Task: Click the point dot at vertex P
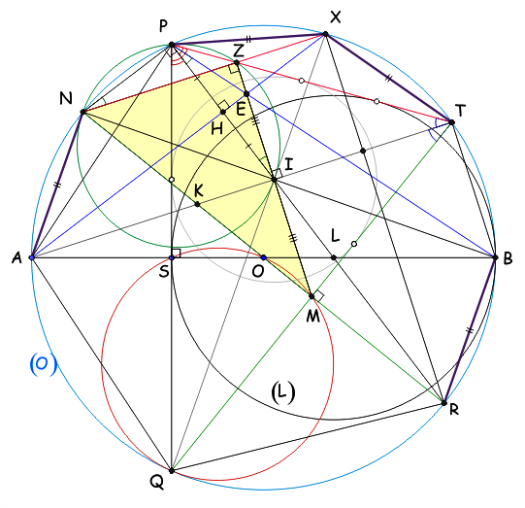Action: (x=172, y=45)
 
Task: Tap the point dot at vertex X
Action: (x=325, y=34)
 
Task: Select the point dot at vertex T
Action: (x=451, y=122)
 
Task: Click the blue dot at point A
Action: (x=32, y=257)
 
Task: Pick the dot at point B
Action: (x=495, y=257)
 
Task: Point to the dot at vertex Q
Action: (x=172, y=470)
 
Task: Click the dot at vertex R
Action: (x=444, y=403)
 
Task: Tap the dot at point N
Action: (x=82, y=112)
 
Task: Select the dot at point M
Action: (x=312, y=296)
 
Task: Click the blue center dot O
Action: (x=264, y=257)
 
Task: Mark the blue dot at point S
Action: (x=172, y=257)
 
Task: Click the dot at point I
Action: (x=275, y=180)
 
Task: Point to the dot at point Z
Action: (x=237, y=63)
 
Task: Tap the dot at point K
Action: (x=197, y=204)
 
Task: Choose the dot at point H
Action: (x=223, y=112)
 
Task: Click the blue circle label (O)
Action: (x=43, y=364)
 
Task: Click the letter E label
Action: (x=241, y=109)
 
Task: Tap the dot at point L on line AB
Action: (x=334, y=257)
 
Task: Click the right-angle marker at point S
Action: (x=176, y=253)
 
